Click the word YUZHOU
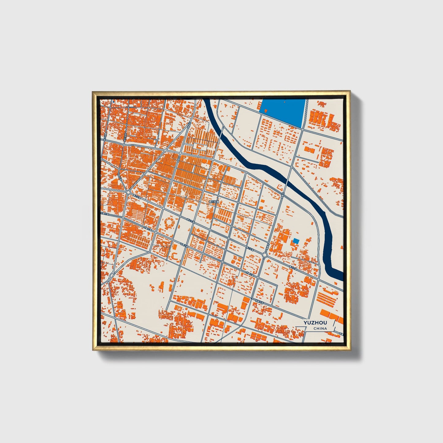315,323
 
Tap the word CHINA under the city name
320,329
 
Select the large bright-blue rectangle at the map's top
282,112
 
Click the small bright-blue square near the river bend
296,241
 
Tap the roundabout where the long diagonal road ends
128,192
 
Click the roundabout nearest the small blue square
265,255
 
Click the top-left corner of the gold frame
93,92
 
